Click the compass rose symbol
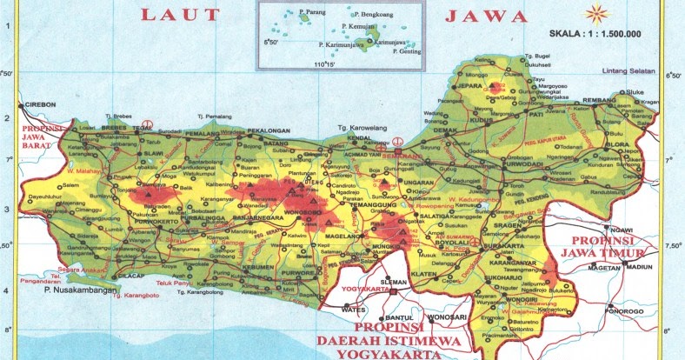click(595, 13)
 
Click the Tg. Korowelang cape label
click(360, 129)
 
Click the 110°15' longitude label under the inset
click(324, 63)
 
